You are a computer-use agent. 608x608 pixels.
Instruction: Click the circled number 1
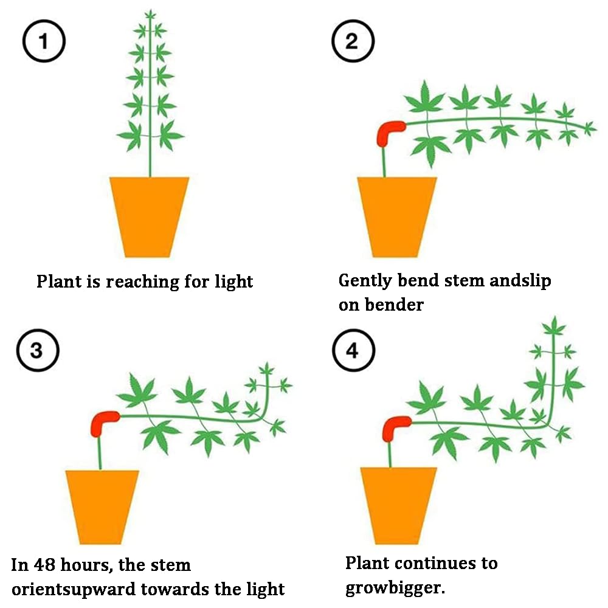click(44, 41)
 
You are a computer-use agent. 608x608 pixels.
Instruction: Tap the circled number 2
click(353, 41)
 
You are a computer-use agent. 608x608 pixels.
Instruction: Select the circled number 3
click(38, 350)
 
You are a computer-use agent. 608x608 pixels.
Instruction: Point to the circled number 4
click(353, 350)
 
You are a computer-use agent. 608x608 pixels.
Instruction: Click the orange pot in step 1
click(150, 217)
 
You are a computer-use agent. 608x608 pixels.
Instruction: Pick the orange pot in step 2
click(396, 217)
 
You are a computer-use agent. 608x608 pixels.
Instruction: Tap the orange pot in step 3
click(102, 507)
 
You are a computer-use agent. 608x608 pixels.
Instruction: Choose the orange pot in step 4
click(398, 506)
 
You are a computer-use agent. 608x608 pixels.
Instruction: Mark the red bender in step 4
click(396, 428)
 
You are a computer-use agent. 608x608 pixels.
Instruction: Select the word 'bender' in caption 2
click(394, 305)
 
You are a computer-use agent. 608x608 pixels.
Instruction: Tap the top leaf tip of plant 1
click(150, 10)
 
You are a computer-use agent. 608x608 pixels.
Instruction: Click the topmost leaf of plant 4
click(554, 326)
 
